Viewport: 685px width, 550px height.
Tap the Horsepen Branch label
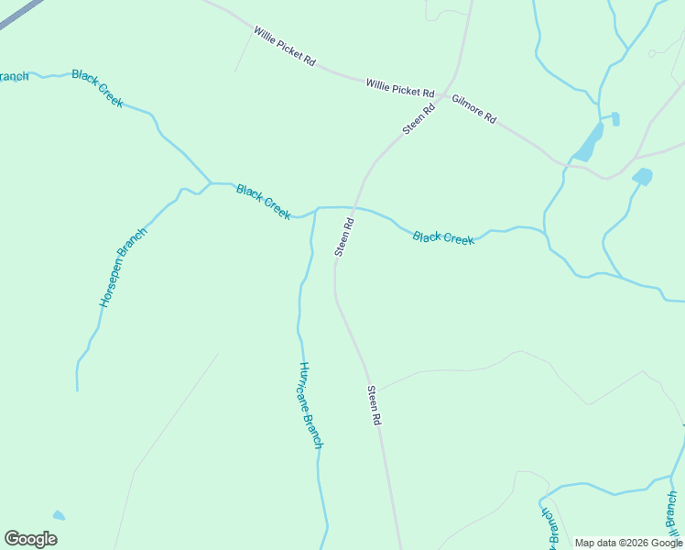click(123, 267)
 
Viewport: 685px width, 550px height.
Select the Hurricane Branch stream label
click(310, 404)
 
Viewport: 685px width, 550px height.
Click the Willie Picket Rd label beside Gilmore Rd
click(400, 88)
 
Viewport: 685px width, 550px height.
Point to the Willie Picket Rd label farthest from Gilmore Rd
click(285, 47)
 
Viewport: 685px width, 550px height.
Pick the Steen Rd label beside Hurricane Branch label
click(374, 405)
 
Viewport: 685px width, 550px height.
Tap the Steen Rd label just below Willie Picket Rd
click(419, 118)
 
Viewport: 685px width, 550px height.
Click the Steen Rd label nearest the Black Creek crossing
click(344, 237)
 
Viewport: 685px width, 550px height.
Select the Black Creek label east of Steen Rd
click(443, 238)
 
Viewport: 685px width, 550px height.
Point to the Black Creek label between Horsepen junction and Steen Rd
click(264, 202)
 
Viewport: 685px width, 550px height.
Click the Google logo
click(30, 539)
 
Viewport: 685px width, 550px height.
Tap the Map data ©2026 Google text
click(628, 543)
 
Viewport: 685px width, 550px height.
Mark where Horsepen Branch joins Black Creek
click(211, 183)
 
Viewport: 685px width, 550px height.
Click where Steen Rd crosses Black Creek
click(355, 208)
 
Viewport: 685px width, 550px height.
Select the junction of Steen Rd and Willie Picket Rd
click(446, 94)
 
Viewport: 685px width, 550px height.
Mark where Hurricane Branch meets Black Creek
click(317, 209)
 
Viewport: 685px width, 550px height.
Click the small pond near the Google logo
click(59, 515)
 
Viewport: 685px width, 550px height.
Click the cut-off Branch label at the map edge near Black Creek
click(14, 76)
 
